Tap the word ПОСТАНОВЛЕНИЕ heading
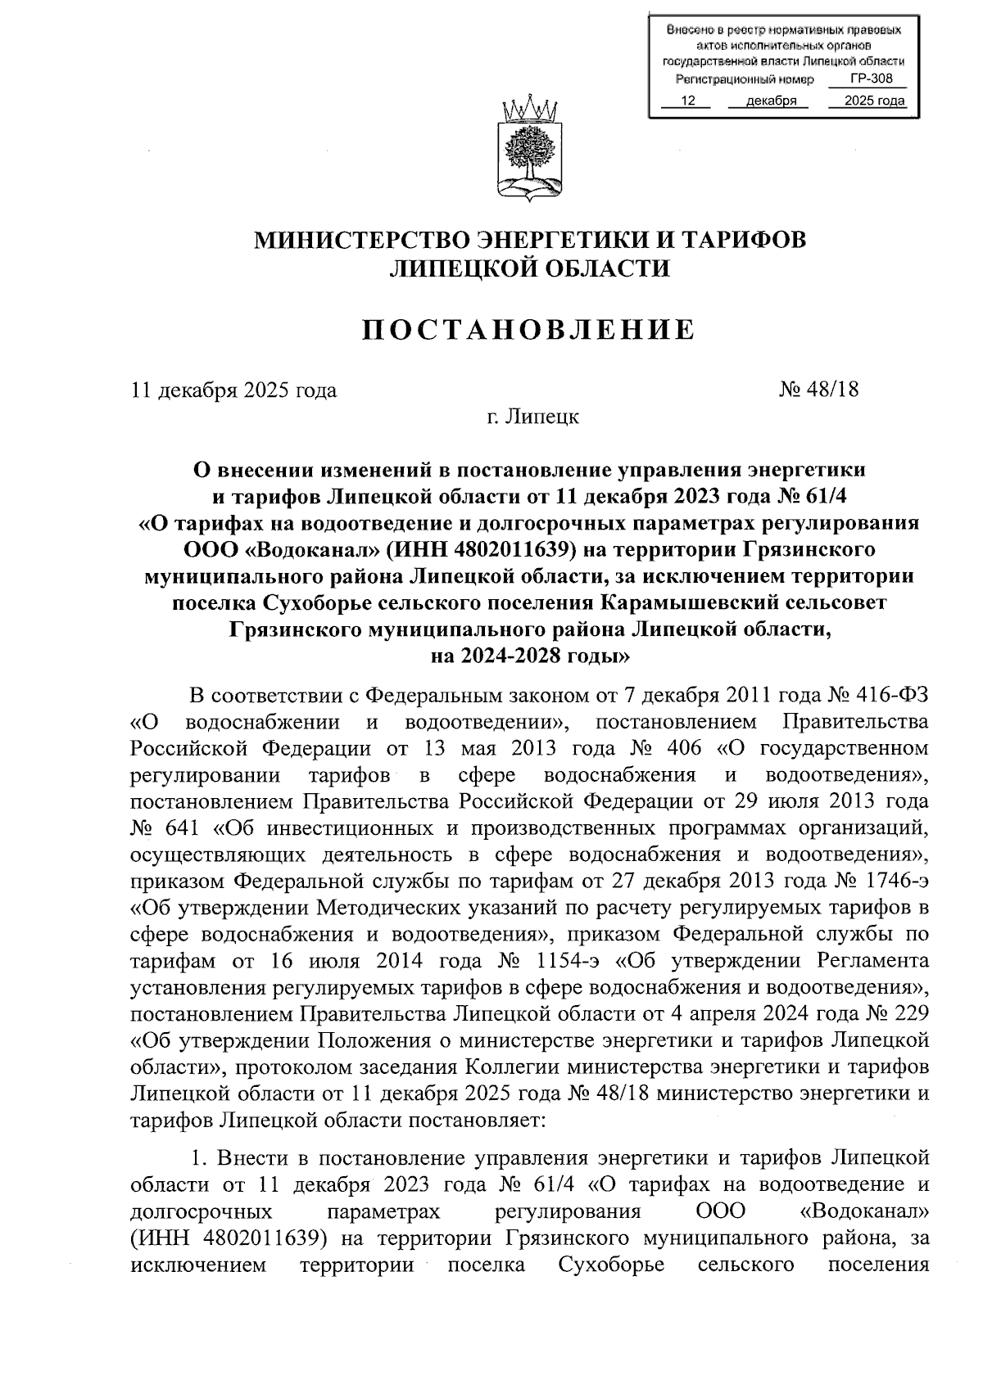tap(529, 330)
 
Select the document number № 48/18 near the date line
tap(818, 390)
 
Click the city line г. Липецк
tap(529, 417)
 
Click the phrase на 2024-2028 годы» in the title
tap(529, 655)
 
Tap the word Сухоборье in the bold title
tap(315, 602)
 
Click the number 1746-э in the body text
tap(896, 882)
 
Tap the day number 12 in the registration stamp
tap(687, 101)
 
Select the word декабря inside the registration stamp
tap(771, 101)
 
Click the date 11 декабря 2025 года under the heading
tap(234, 390)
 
